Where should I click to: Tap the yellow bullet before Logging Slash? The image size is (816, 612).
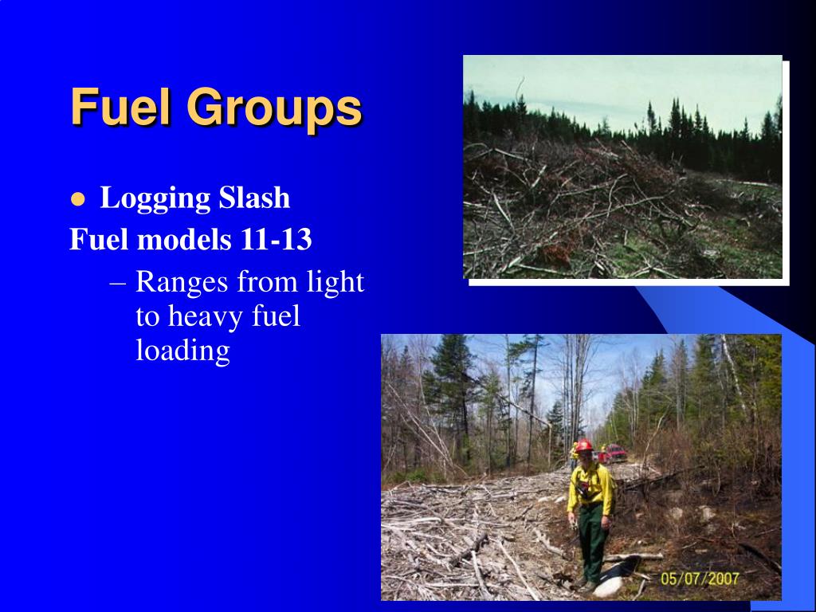coord(77,200)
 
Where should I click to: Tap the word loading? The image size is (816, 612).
coord(182,350)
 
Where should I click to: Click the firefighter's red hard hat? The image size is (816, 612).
coord(584,445)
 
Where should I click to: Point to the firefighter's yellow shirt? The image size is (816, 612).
coord(590,488)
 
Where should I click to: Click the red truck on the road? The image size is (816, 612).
coord(614,453)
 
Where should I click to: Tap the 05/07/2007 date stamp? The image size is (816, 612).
coord(700,579)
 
